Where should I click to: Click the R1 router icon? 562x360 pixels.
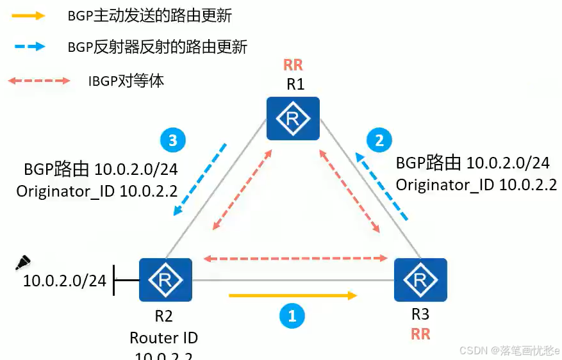point(293,118)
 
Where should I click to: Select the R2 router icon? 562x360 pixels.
point(165,279)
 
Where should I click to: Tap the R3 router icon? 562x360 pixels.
point(420,279)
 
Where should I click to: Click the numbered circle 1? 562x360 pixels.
point(292,315)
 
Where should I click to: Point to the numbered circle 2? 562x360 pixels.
point(379,140)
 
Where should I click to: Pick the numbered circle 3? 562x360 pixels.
point(172,140)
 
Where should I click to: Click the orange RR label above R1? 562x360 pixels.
point(293,65)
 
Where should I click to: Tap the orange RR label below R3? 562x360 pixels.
point(420,334)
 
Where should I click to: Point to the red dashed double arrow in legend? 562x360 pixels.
point(38,81)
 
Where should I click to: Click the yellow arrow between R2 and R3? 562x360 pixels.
point(292,295)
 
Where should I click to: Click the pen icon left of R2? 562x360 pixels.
point(22,263)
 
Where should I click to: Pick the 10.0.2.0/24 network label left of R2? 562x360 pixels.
point(64,281)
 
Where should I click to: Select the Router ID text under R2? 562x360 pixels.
point(163,338)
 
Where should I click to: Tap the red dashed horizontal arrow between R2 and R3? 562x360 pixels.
point(295,259)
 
